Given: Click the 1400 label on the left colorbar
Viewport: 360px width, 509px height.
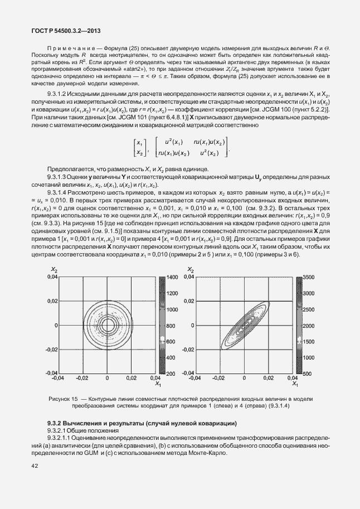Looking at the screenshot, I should click(x=171, y=277).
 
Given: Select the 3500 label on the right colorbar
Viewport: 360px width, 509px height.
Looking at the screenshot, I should click(x=309, y=277).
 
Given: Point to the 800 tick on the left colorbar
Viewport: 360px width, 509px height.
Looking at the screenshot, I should click(x=171, y=325).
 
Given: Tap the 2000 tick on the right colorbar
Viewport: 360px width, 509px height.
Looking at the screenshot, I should click(x=309, y=325).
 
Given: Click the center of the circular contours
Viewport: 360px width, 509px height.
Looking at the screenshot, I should click(x=108, y=325).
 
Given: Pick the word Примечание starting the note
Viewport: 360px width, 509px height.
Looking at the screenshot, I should click(x=69, y=45).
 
